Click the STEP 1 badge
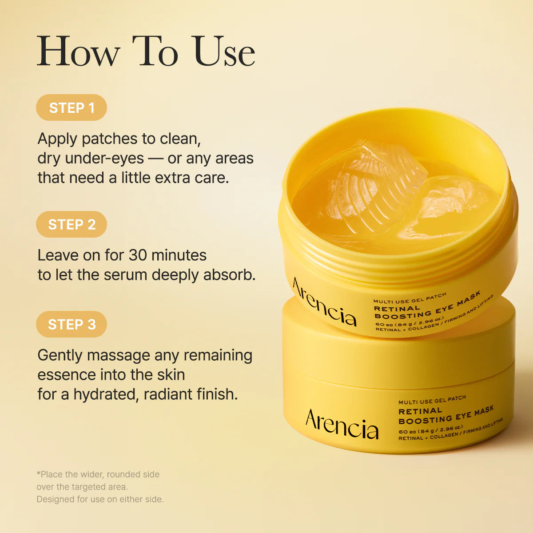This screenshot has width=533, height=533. coord(72,107)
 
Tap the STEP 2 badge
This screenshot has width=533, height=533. coord(72,224)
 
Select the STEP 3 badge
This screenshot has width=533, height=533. coord(72,324)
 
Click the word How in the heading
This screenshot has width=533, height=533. coord(79,51)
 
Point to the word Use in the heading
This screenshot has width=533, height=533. coord(224,51)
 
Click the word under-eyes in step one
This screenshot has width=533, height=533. coord(104,159)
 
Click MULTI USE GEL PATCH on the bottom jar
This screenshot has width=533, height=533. coord(432,400)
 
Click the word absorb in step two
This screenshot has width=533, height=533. coord(229,275)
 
